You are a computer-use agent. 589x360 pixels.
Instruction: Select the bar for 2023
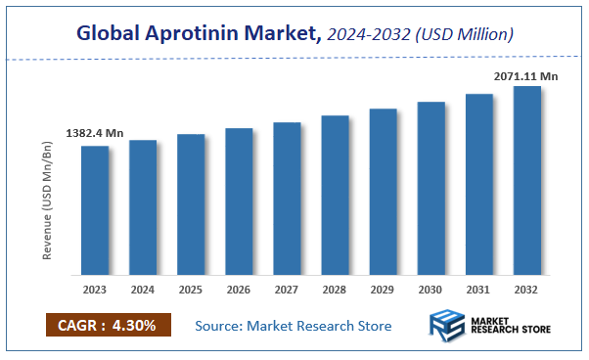95,210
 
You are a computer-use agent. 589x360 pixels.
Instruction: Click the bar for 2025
191,204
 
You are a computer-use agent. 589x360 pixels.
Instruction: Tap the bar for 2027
287,199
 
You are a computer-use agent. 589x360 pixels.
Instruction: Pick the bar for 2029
383,192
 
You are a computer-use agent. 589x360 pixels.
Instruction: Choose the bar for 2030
430,188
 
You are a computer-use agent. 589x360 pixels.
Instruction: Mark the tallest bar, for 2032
526,180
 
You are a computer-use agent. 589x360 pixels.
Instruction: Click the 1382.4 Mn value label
95,132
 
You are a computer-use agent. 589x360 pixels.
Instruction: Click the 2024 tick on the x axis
143,290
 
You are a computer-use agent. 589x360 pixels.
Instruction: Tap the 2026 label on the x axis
239,290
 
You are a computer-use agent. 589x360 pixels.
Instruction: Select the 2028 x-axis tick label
335,290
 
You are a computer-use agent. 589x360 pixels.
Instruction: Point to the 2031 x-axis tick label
478,290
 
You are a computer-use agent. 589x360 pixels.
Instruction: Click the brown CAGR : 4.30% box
108,325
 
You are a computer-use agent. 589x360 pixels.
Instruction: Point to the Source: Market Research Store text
294,325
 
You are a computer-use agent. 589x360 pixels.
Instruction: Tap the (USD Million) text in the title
467,35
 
